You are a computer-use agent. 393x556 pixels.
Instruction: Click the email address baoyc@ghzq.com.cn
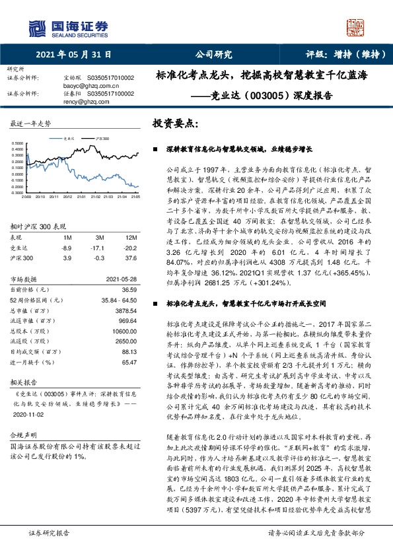[x=87, y=85]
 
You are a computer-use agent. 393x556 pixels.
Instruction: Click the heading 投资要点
[x=175, y=124]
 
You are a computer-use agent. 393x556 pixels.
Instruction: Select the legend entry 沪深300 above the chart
[x=100, y=139]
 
